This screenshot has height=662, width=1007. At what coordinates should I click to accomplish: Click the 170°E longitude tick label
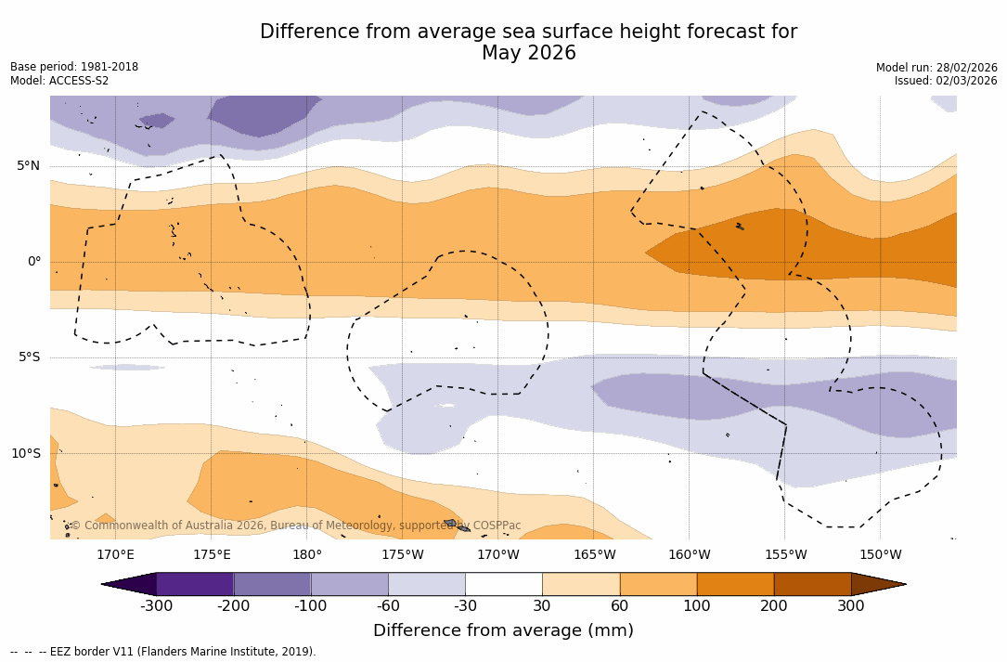[x=115, y=555]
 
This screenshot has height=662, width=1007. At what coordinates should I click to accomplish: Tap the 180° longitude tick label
[x=307, y=555]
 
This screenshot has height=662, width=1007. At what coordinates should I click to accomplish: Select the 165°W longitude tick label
[x=594, y=555]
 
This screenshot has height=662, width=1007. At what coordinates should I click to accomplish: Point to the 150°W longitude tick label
[x=880, y=555]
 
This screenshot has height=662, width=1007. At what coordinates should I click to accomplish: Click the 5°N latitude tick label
[x=29, y=166]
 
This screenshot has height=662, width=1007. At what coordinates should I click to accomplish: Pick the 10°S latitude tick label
[x=26, y=454]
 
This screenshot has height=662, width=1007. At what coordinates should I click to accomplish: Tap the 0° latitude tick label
[x=34, y=262]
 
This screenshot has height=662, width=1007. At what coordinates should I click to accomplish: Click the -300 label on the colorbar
[x=156, y=606]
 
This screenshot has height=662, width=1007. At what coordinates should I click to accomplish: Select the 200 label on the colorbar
[x=774, y=606]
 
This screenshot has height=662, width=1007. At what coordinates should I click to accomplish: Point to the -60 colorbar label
[x=388, y=606]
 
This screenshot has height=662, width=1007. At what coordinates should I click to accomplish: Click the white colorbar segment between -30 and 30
[x=504, y=584]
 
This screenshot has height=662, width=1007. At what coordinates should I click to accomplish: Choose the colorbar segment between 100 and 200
[x=735, y=584]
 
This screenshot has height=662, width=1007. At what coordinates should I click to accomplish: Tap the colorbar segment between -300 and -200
[x=195, y=584]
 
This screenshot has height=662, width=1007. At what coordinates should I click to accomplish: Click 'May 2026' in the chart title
[x=528, y=54]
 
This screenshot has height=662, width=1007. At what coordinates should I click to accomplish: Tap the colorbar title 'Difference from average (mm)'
[x=503, y=631]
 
